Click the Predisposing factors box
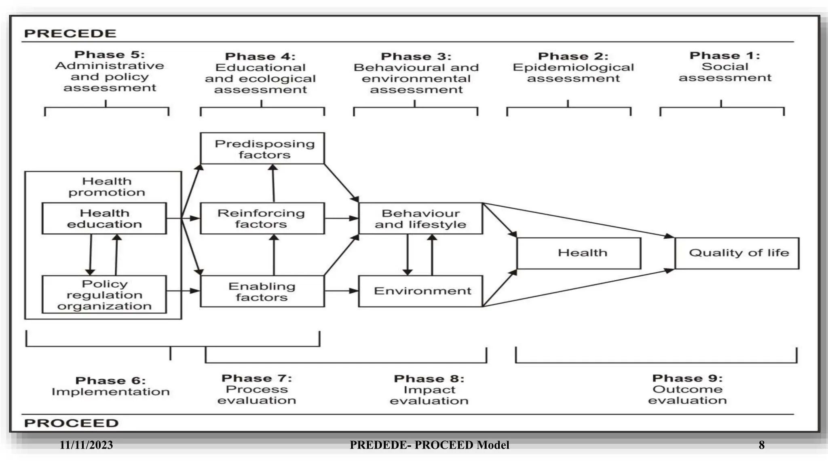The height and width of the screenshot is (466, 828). [262, 148]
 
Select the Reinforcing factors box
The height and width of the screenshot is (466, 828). [262, 218]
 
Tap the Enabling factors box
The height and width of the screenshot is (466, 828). [262, 291]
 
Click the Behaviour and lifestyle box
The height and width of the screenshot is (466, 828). [420, 218]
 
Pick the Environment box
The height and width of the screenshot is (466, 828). [420, 291]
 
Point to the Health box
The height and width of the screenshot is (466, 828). [579, 253]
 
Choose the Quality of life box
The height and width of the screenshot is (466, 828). [737, 253]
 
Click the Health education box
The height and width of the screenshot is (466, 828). [104, 218]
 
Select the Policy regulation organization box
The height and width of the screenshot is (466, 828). [104, 294]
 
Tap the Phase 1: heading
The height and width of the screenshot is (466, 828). [724, 55]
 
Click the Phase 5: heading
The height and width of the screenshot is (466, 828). [110, 55]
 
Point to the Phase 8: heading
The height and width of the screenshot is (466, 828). [429, 379]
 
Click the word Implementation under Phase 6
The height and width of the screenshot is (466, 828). [110, 392]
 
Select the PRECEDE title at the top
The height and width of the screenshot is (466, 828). [70, 33]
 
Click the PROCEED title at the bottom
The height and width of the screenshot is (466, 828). [71, 423]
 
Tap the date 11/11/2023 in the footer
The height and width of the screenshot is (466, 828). [86, 445]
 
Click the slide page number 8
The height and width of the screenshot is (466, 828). [761, 445]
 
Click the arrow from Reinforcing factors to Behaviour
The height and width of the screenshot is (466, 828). [342, 218]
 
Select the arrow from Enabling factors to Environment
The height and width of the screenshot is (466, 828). [342, 290]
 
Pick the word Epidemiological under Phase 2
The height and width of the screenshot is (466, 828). [573, 67]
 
